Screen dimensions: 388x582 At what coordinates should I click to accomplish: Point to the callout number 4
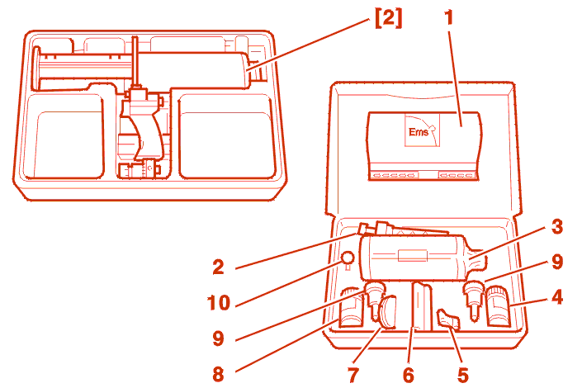(558, 296)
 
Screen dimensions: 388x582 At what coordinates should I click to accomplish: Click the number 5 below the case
(462, 375)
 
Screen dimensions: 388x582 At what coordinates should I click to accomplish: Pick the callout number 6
(408, 375)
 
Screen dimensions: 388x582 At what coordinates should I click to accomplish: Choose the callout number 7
(353, 375)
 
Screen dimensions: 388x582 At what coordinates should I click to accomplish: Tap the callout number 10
(220, 303)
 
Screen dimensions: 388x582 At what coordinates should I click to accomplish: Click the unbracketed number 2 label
(218, 267)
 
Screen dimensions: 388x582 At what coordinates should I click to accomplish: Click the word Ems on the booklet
(419, 131)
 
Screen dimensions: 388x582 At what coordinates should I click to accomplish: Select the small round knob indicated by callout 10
(348, 258)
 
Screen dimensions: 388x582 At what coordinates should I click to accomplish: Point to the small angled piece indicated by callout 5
(448, 319)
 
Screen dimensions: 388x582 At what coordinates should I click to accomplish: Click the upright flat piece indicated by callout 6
(422, 305)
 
